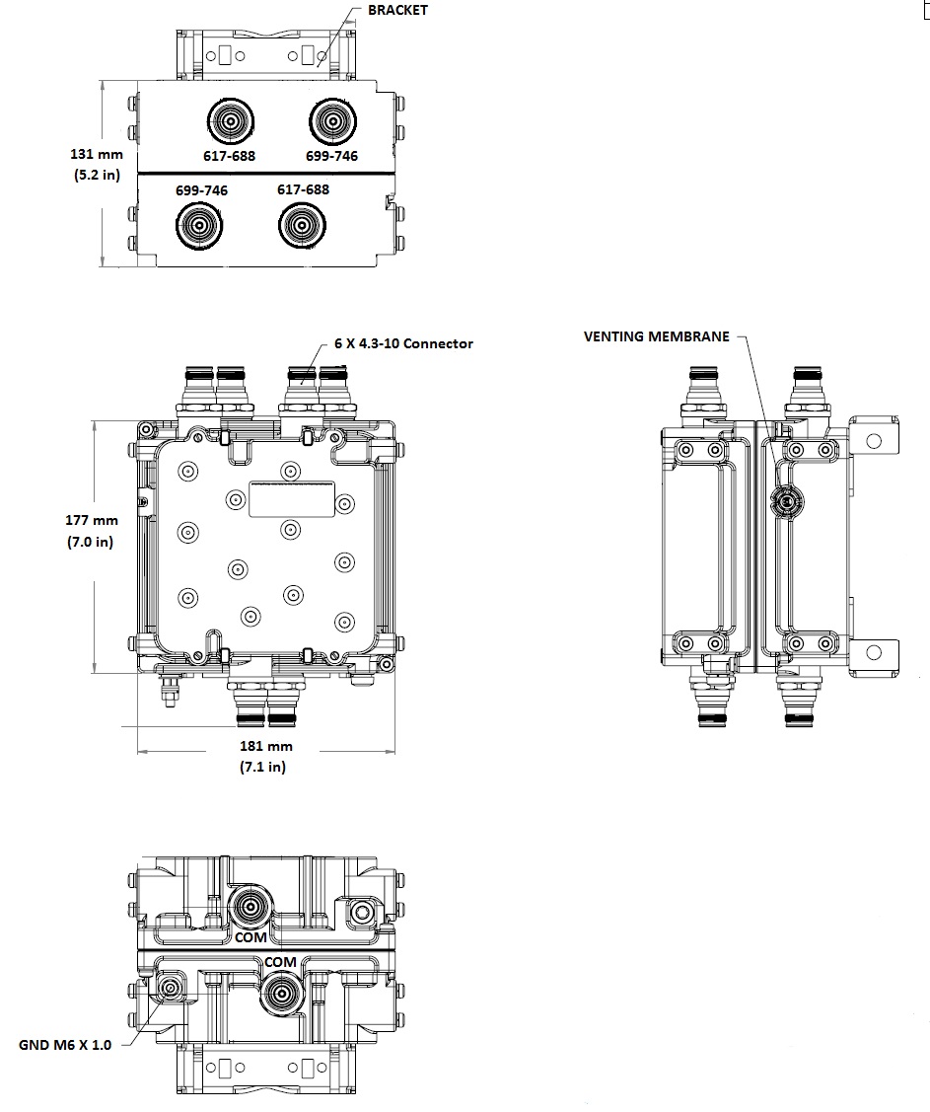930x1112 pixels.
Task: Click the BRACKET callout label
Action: click(397, 10)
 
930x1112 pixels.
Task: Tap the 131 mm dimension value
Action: click(94, 154)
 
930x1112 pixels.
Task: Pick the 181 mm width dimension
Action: click(266, 746)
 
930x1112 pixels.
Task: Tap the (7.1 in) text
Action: click(262, 767)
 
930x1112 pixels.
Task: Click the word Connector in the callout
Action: click(435, 343)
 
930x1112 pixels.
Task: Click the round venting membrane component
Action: click(786, 502)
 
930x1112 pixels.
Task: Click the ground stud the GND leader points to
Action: click(172, 988)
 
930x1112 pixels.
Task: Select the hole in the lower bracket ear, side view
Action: click(874, 652)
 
